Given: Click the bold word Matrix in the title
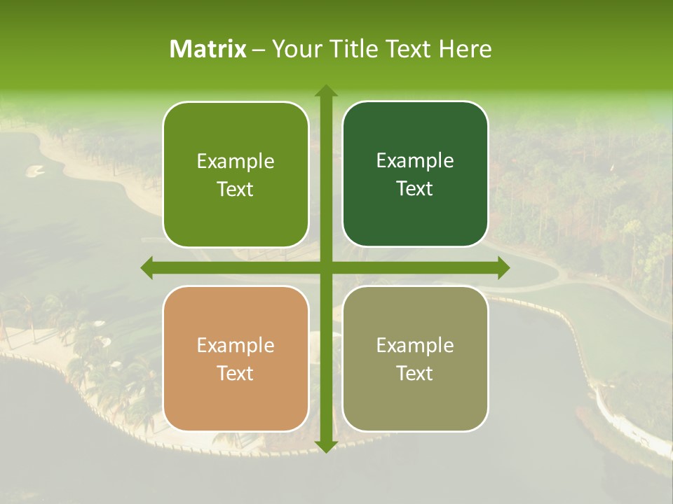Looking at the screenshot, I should pos(208,49).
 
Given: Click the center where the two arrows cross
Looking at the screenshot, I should pos(325,267).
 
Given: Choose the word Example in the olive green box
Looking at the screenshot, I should pos(236,162).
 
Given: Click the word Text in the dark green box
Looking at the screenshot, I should pos(415,189).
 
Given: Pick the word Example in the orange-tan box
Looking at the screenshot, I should pos(236,346).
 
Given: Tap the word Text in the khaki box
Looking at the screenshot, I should pos(415,374).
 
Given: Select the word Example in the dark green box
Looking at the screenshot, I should pos(415,161).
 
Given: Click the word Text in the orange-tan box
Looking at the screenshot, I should pos(236,374).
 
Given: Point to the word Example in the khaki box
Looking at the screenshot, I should pos(415,346).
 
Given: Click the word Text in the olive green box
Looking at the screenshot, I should pos(236,190).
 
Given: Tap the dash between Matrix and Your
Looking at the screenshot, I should pos(259,50).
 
